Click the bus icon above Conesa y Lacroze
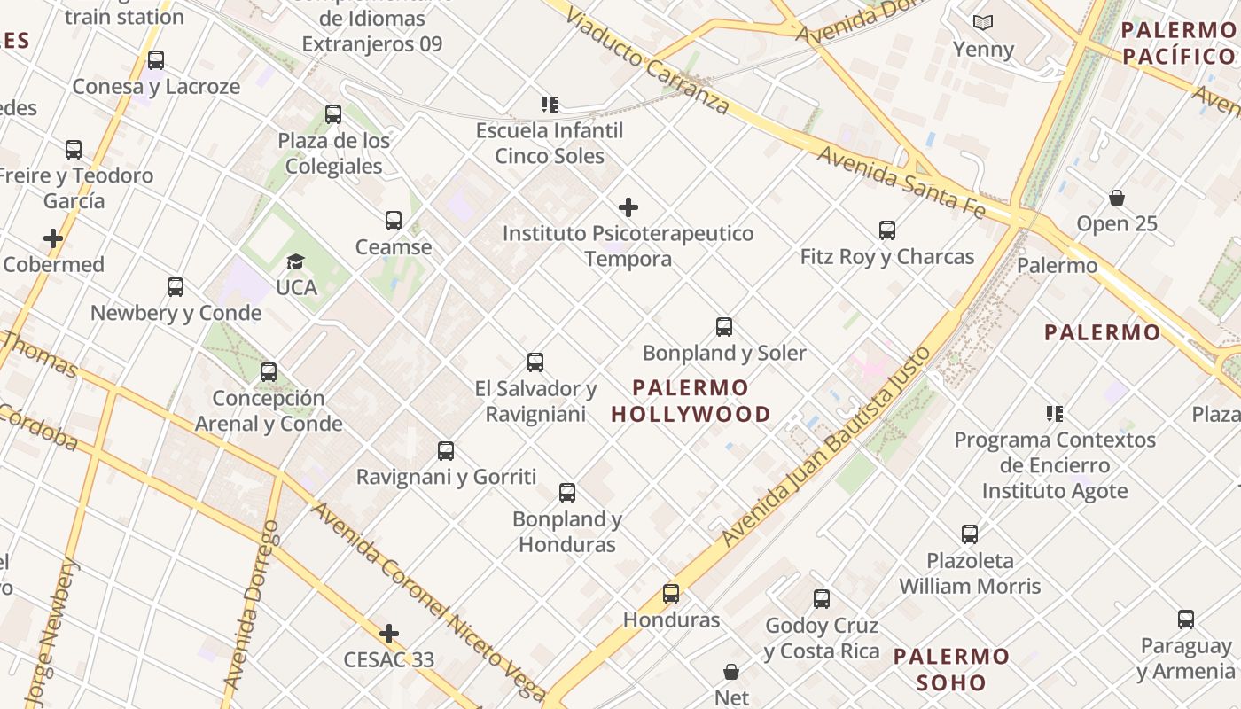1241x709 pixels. click(156, 60)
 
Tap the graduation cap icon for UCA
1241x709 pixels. click(295, 261)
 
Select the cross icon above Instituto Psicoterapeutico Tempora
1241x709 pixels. click(628, 207)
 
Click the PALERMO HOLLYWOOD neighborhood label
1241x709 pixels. click(691, 401)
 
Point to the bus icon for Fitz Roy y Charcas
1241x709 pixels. click(887, 230)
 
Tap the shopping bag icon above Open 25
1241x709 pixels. click(1117, 198)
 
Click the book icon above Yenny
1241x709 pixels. click(983, 23)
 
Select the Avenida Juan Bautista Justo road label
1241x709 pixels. click(826, 446)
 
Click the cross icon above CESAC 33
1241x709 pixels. click(388, 634)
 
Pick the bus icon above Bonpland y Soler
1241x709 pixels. click(724, 327)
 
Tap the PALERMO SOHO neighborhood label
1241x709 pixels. click(951, 669)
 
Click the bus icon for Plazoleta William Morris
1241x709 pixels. click(970, 534)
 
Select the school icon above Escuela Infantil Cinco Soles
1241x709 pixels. click(550, 105)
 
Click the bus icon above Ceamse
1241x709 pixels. click(394, 221)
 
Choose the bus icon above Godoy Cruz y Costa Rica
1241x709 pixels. click(822, 599)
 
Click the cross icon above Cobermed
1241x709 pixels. click(53, 238)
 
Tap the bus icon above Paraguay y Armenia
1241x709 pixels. click(1186, 619)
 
